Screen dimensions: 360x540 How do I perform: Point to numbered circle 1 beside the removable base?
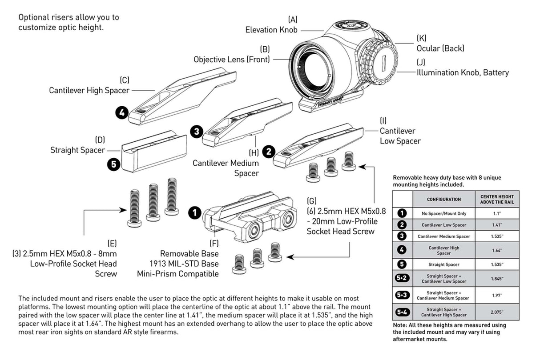(194, 213)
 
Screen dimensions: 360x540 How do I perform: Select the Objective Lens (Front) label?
(232, 59)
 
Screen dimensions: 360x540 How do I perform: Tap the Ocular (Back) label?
(440, 48)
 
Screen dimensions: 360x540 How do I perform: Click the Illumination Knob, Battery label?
(463, 72)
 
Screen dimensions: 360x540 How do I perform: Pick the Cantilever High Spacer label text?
(89, 90)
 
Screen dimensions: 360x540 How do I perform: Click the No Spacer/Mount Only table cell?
(444, 214)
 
